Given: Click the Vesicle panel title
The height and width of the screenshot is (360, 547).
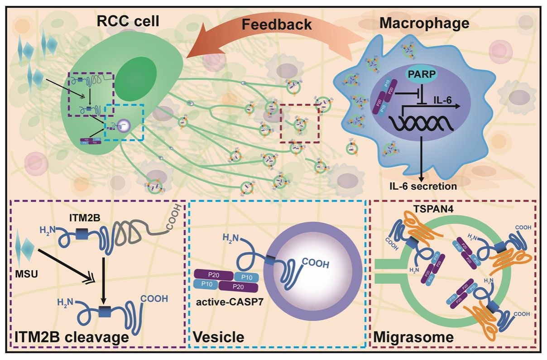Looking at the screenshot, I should pos(219,337).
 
